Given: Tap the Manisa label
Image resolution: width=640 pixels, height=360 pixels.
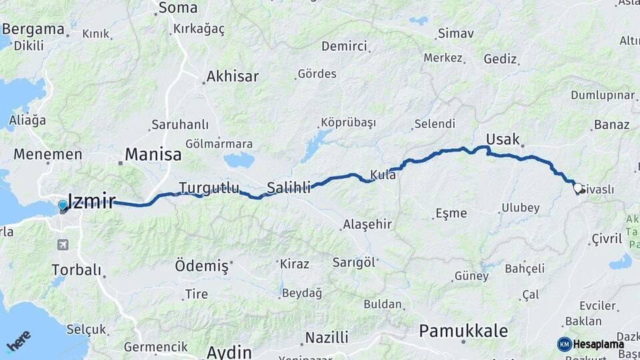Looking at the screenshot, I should tap(153, 155).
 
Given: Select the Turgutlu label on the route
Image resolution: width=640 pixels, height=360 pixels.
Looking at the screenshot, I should tap(209, 188).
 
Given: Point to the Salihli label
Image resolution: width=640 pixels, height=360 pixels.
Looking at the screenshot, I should tap(289, 188).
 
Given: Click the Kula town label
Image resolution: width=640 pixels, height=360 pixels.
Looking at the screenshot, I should tap(383, 175).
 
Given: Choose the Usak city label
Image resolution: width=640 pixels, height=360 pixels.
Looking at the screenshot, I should tap(503, 139).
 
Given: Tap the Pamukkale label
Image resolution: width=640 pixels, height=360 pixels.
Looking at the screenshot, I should tap(463, 331).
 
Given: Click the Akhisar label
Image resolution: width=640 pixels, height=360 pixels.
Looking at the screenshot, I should tap(232, 76).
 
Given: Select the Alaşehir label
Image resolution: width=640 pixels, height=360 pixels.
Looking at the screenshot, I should tap(367, 224).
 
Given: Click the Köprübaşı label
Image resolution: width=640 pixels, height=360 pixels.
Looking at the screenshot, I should tap(348, 123).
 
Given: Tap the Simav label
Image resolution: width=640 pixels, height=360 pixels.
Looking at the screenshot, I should tap(455, 33).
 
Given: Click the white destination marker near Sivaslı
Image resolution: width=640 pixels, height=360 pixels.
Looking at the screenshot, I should tap(578, 189).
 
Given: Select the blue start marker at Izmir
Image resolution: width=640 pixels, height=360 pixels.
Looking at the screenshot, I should tap(63, 205).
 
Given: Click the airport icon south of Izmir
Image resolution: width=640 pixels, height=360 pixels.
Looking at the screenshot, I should tap(63, 245).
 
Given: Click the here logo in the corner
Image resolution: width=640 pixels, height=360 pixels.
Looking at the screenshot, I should tap(19, 341).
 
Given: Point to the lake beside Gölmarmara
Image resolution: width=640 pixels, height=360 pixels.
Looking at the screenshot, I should tap(239, 160).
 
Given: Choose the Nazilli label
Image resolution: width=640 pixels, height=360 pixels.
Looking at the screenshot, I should tap(327, 337).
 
